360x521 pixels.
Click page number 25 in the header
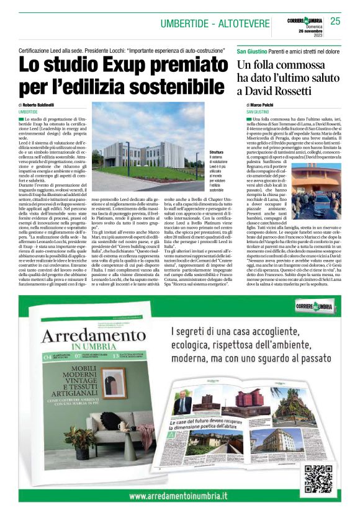click(335, 22)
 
